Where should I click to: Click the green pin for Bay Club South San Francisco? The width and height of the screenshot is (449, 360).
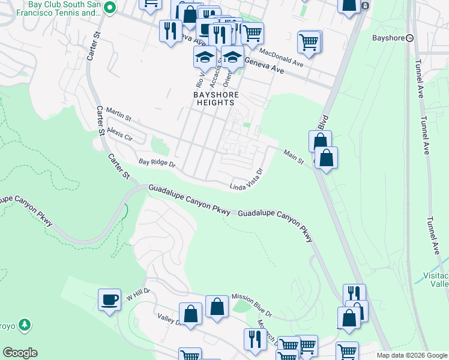[x=109, y=8]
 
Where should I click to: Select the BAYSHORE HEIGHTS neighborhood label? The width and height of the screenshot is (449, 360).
[x=215, y=99]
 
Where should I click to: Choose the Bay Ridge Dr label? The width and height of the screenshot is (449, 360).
[x=157, y=163]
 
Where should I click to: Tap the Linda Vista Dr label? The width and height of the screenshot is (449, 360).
[x=247, y=179]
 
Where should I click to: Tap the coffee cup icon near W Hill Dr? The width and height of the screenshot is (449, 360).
[x=110, y=299]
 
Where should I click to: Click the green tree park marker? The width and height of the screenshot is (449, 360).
[x=25, y=325]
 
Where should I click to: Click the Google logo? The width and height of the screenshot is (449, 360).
[x=20, y=353]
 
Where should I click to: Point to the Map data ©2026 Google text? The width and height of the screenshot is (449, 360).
[x=412, y=355]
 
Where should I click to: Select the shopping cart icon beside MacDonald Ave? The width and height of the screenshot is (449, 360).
[x=309, y=42]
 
